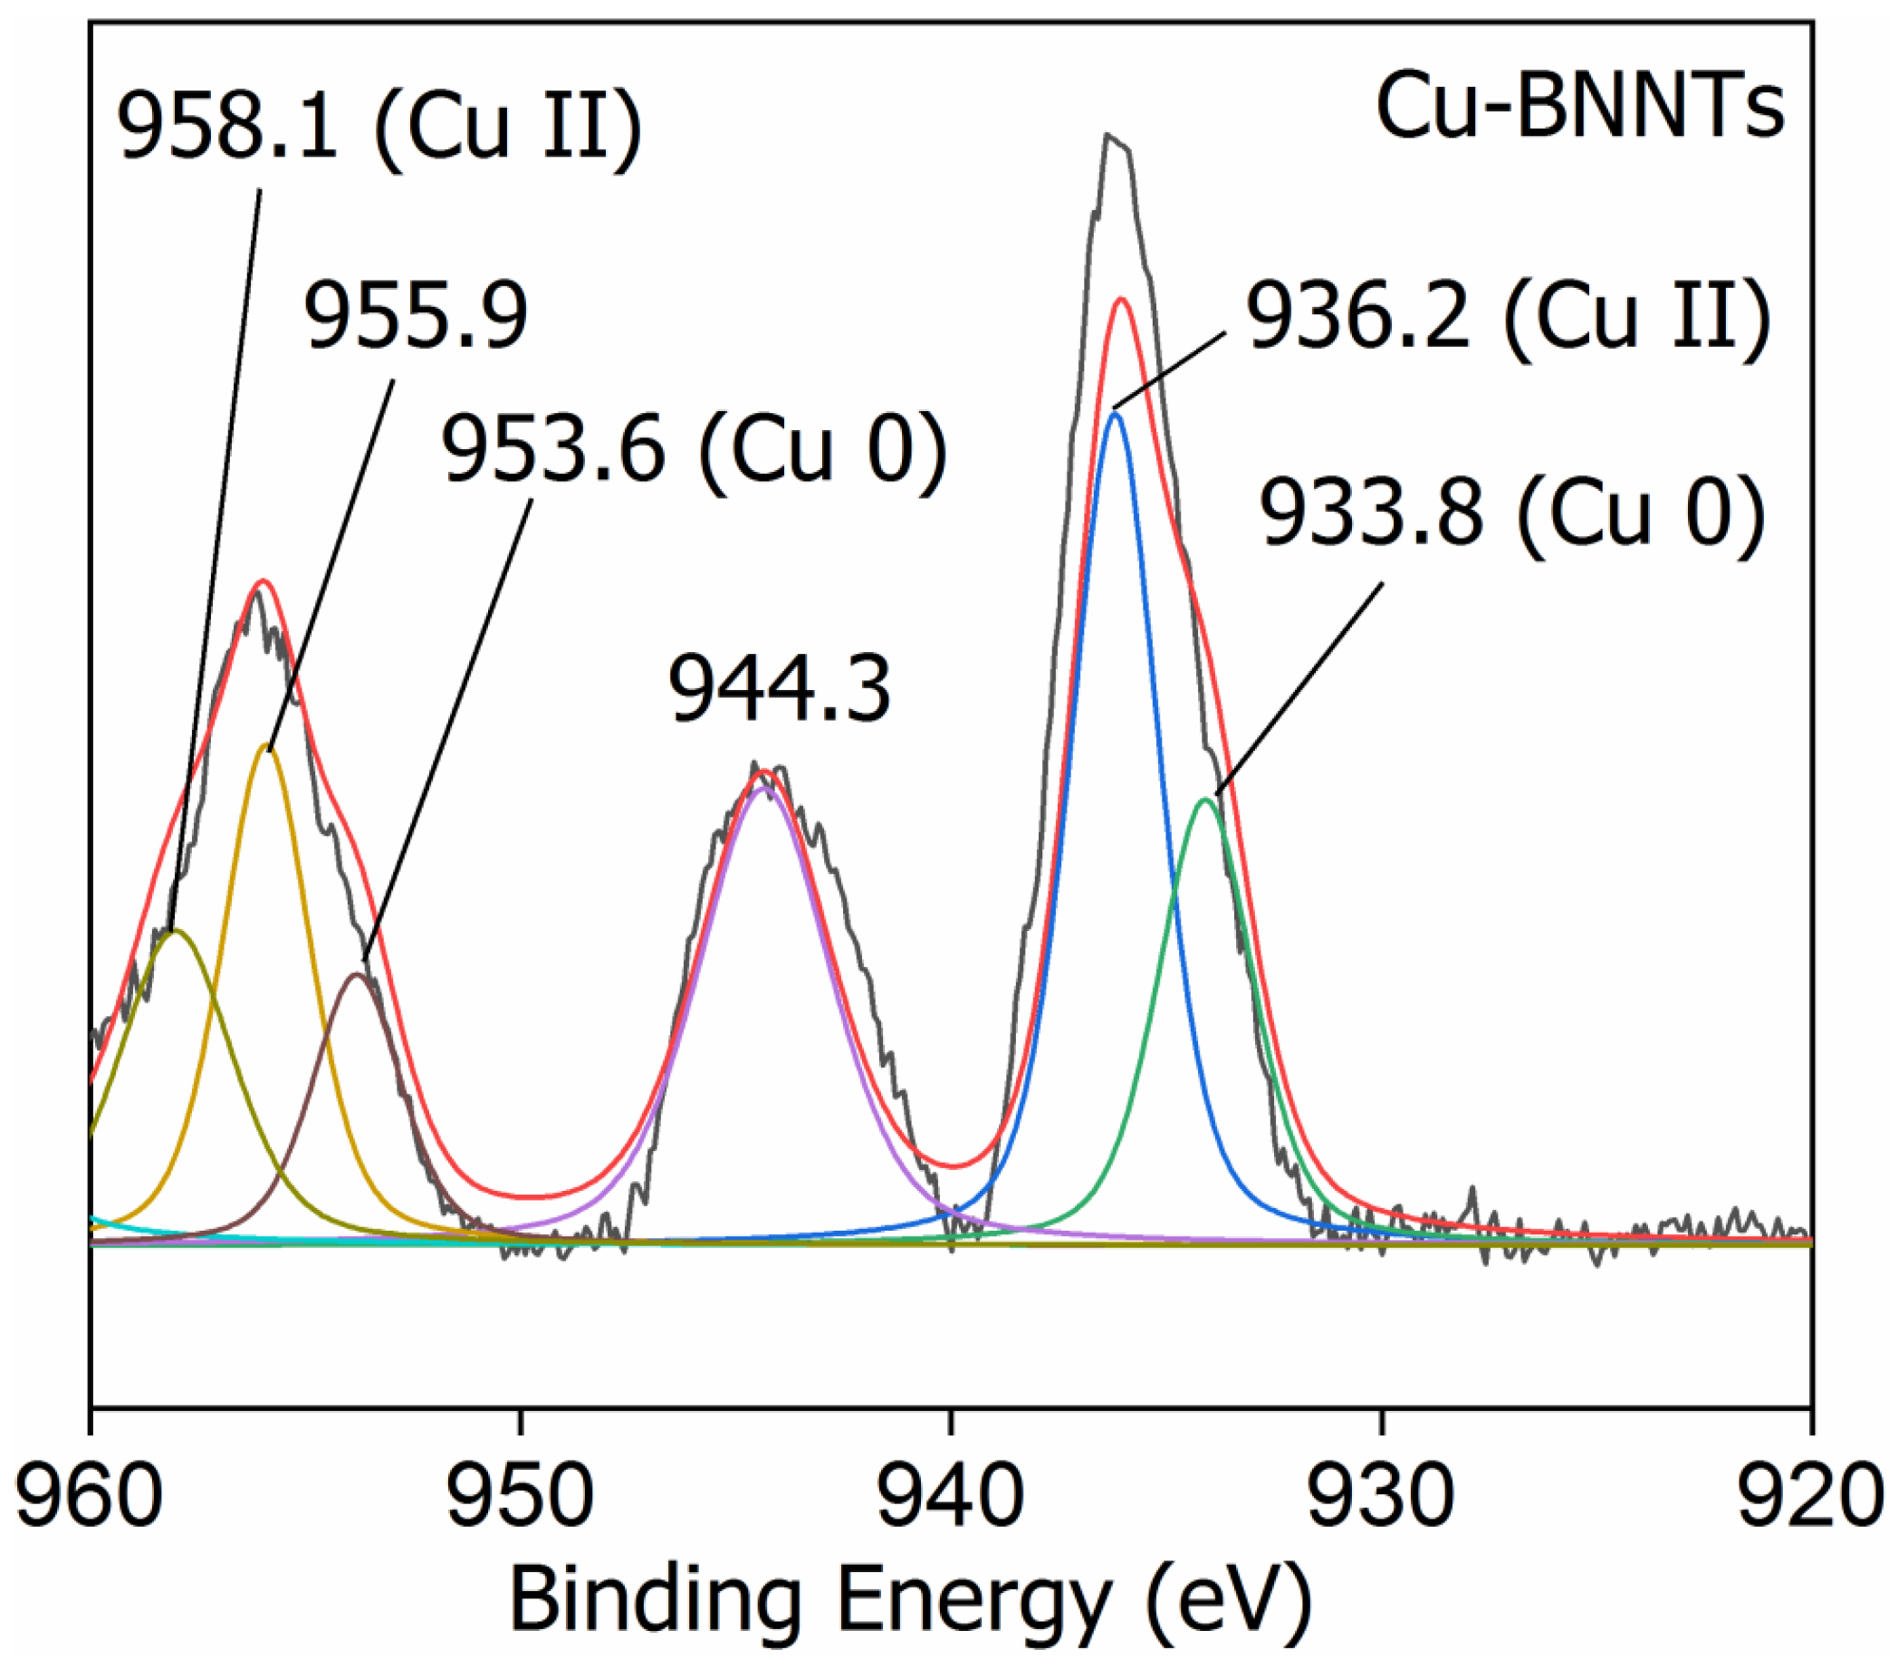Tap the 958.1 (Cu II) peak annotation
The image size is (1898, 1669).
379,125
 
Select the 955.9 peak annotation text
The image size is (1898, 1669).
416,318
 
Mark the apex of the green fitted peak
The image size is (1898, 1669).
1206,799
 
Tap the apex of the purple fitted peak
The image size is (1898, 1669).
763,788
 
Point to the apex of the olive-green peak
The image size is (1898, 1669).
174,930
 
